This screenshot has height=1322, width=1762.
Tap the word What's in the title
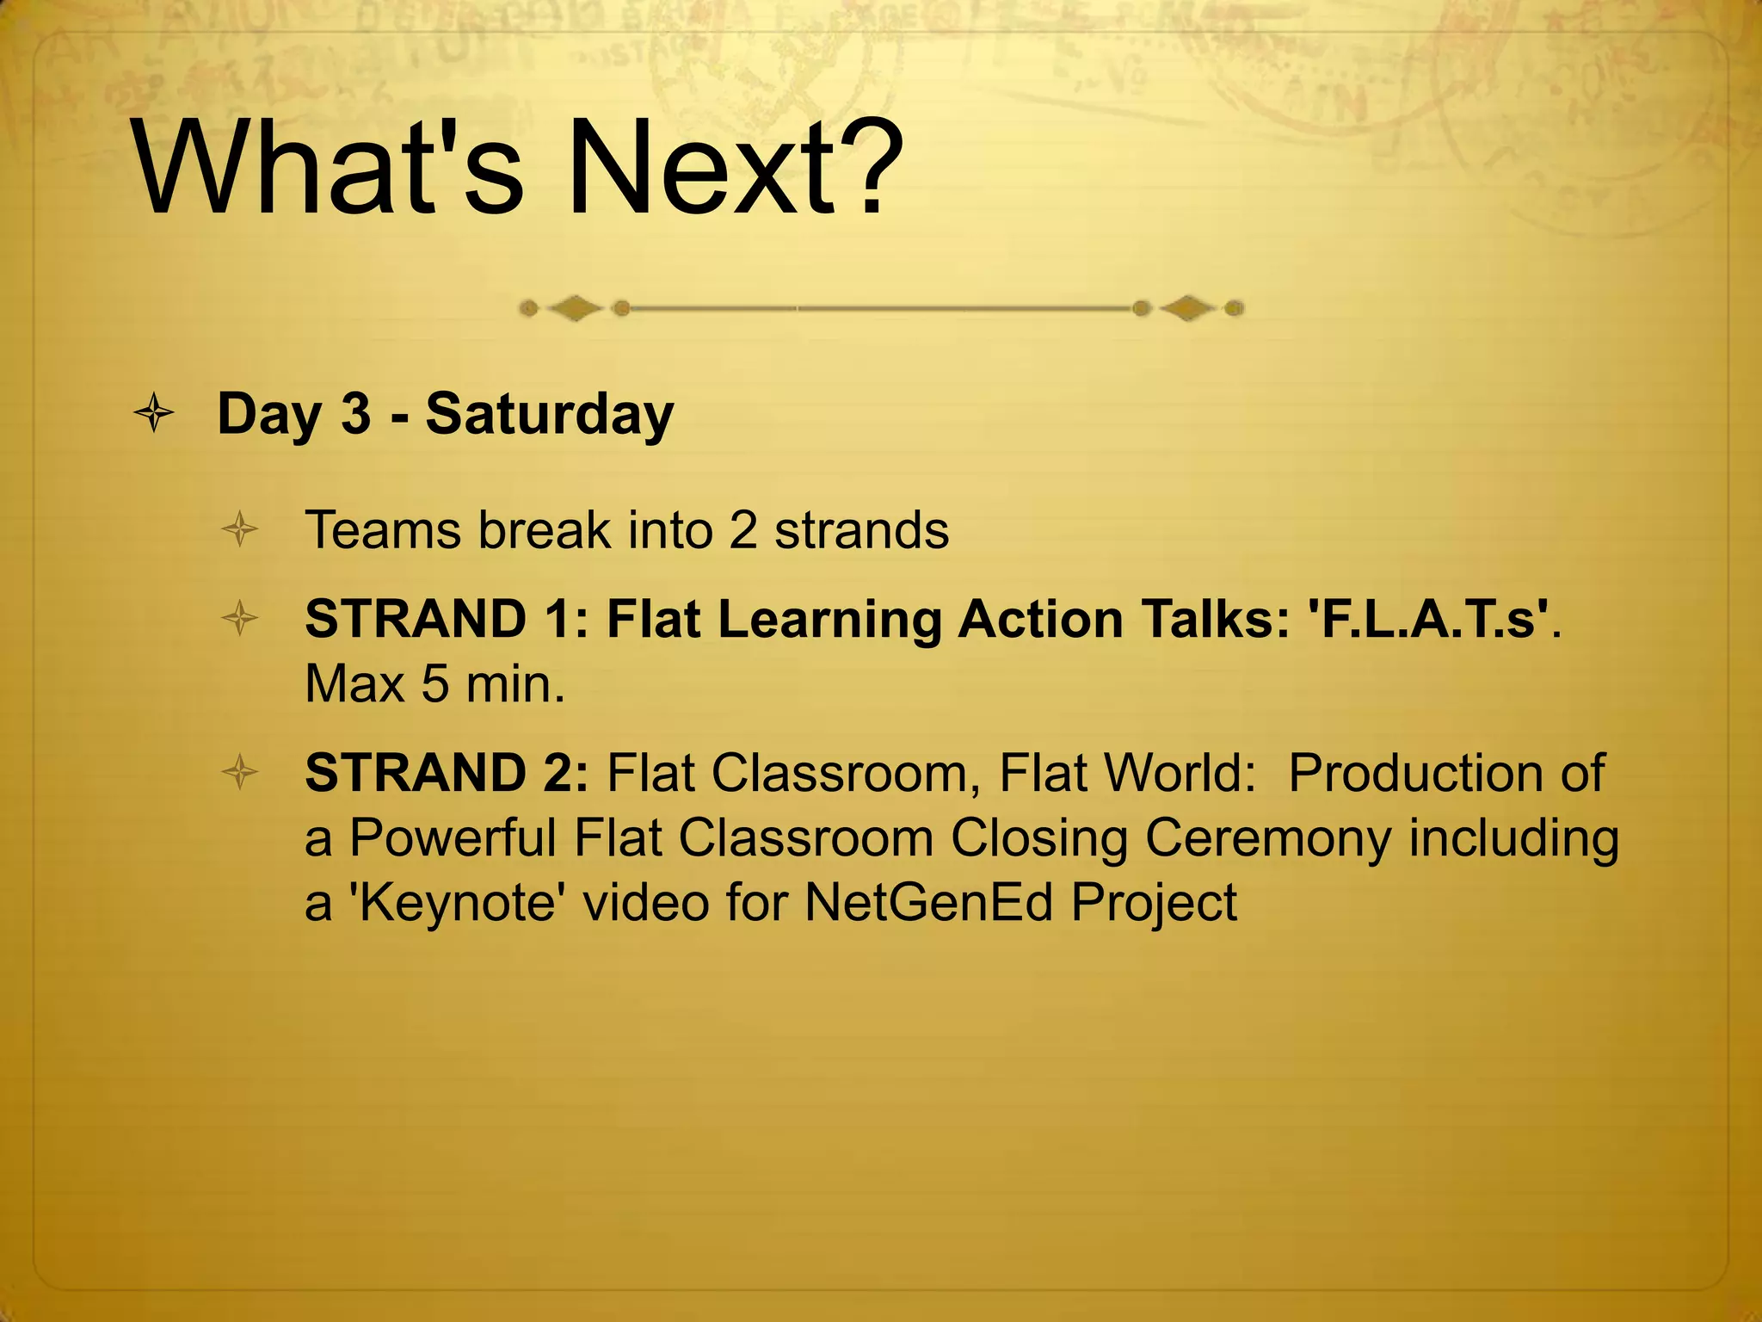tap(327, 167)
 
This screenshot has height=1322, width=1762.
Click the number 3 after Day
tap(355, 414)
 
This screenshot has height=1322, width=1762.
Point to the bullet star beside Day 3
tap(155, 414)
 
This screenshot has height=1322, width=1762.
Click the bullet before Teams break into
tap(240, 529)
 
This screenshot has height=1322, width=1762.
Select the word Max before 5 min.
tap(354, 685)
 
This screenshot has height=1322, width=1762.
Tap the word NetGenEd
tap(928, 903)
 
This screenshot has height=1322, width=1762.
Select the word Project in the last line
tap(1154, 905)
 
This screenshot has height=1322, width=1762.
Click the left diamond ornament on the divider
tap(575, 308)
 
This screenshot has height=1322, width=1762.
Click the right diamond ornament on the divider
tap(1187, 308)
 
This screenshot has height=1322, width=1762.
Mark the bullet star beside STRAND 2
tap(240, 772)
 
